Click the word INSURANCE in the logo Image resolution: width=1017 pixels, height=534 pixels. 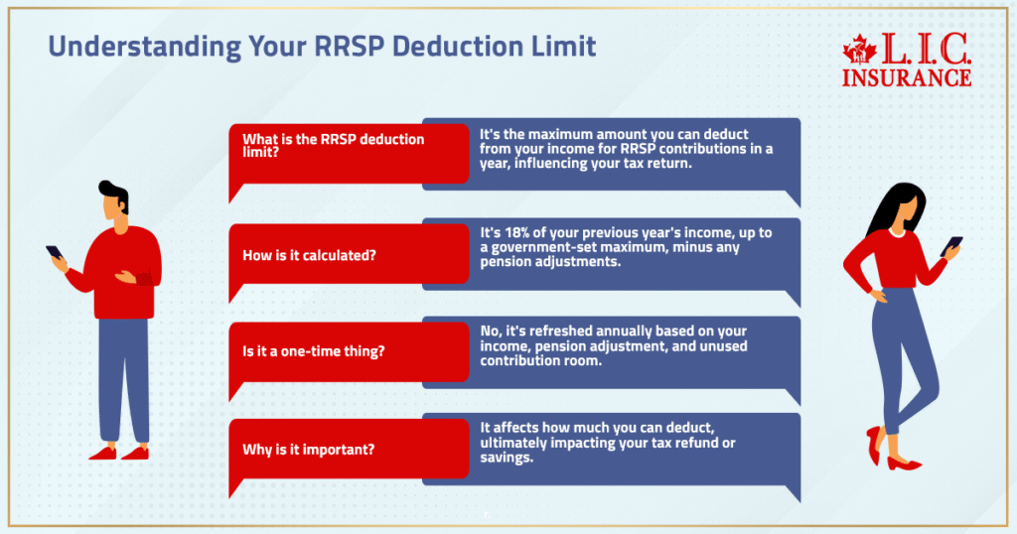tap(906, 76)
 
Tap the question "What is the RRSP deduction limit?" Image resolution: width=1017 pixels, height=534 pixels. tap(333, 146)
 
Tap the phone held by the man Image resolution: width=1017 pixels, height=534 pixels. tap(54, 253)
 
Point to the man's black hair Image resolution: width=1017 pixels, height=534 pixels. tap(114, 194)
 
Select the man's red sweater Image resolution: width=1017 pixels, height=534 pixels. tap(124, 273)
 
